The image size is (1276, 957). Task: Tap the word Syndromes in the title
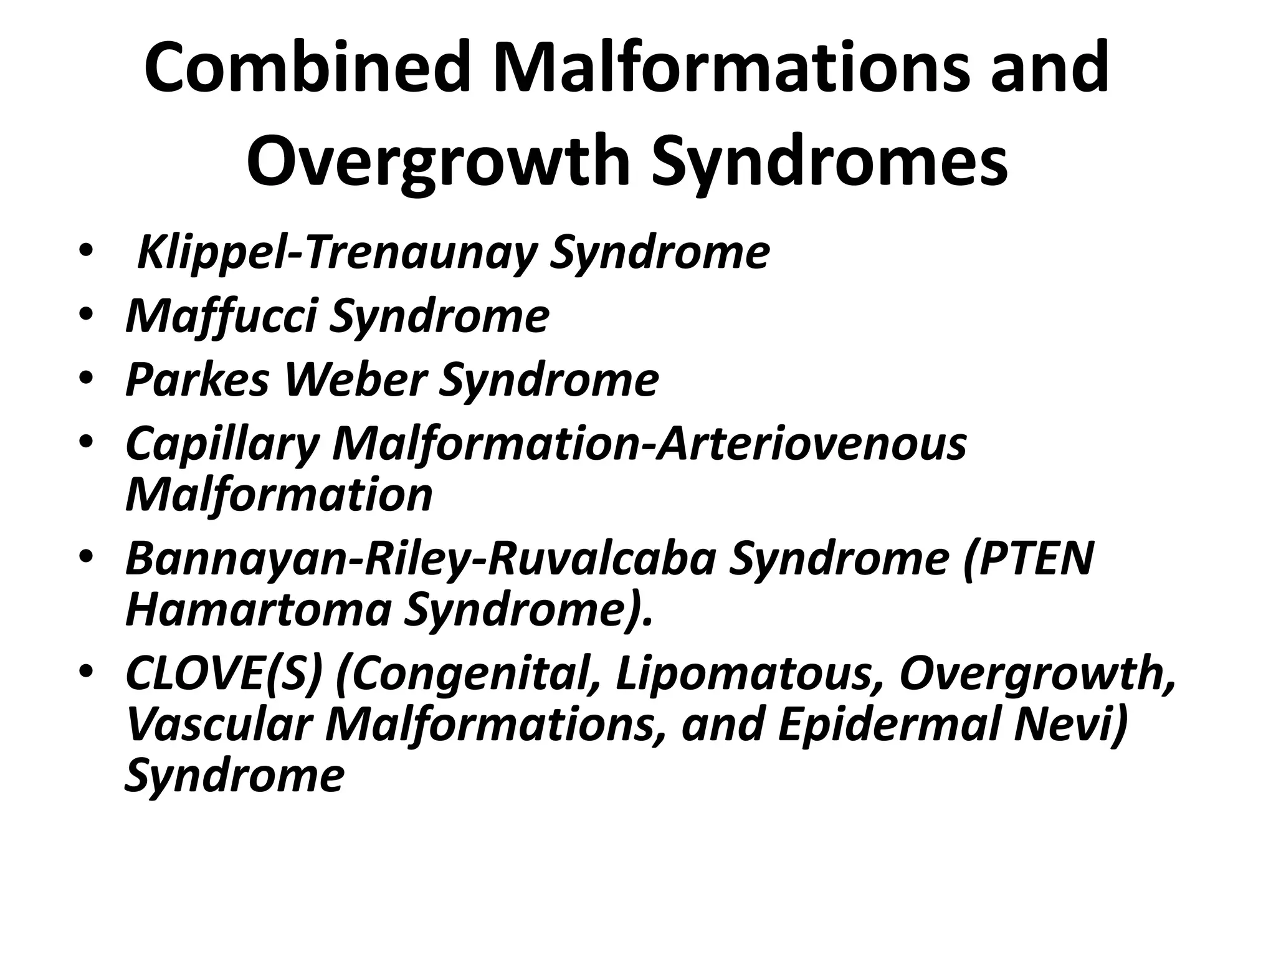point(829,161)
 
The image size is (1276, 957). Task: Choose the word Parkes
point(198,379)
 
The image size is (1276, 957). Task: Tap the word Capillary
point(222,444)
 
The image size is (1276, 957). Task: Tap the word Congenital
point(469,674)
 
